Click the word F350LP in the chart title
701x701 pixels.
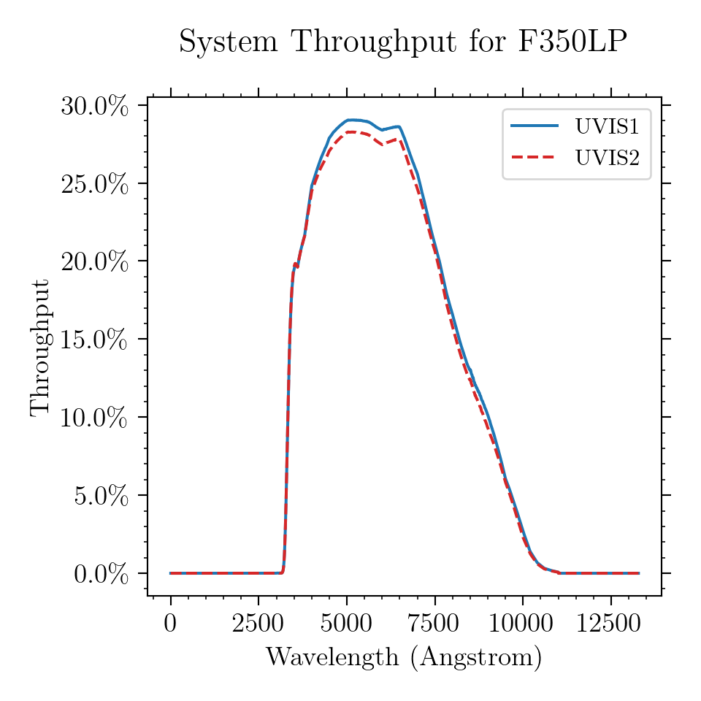(x=572, y=42)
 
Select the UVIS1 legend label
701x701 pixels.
(x=607, y=127)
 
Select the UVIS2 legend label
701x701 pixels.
(x=607, y=158)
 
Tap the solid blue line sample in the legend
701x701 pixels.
(x=535, y=126)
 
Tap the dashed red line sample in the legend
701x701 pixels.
(x=535, y=157)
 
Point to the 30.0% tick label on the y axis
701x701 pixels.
(x=94, y=106)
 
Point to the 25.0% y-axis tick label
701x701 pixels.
(x=94, y=184)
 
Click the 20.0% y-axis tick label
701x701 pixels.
(x=94, y=261)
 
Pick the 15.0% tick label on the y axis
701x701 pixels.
(x=94, y=340)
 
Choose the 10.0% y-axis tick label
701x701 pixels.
(x=94, y=418)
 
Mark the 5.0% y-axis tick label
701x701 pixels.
(x=101, y=496)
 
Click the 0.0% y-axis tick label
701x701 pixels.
(x=101, y=574)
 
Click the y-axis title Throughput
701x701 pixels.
(x=40, y=347)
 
